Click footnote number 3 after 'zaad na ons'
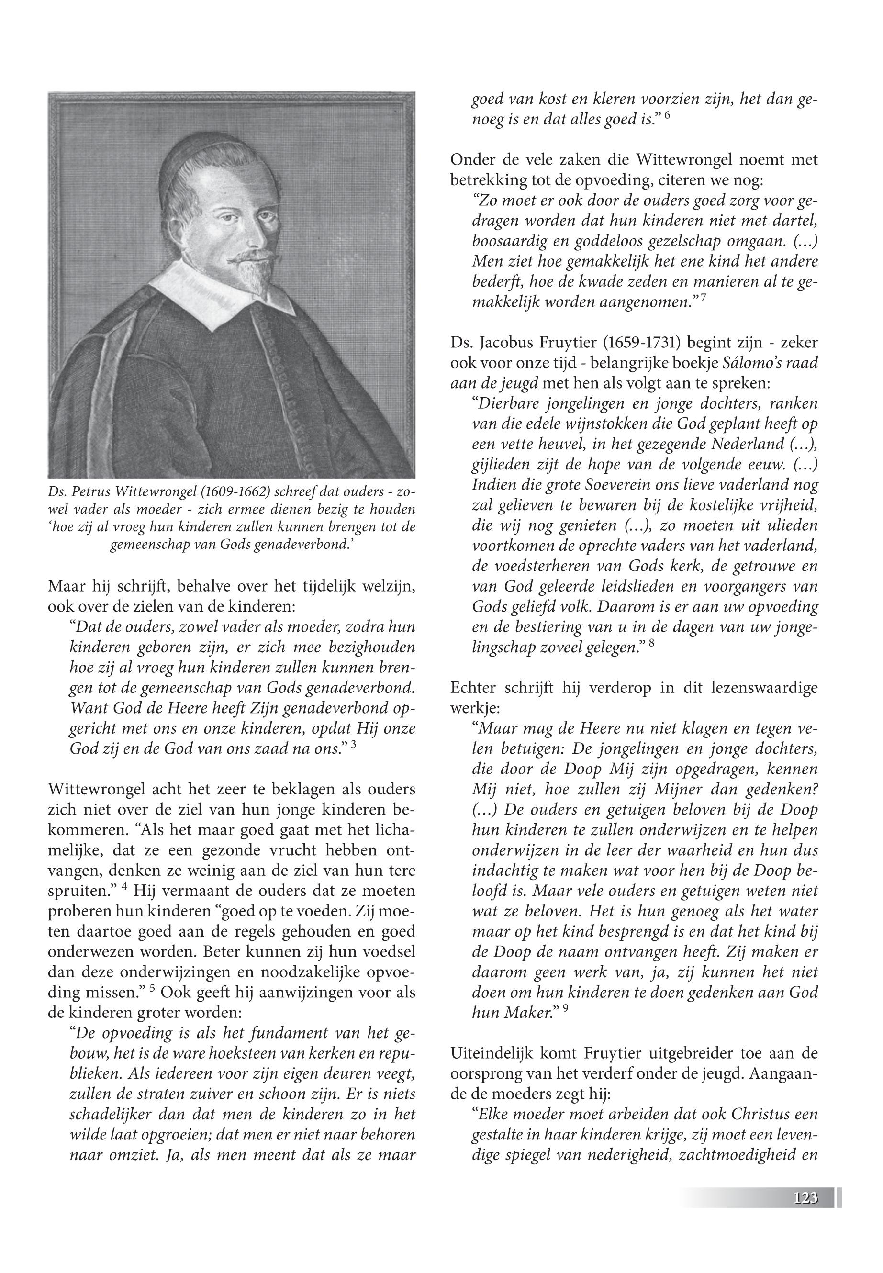pyautogui.click(x=353, y=745)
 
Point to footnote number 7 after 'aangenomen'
pyautogui.click(x=703, y=299)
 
